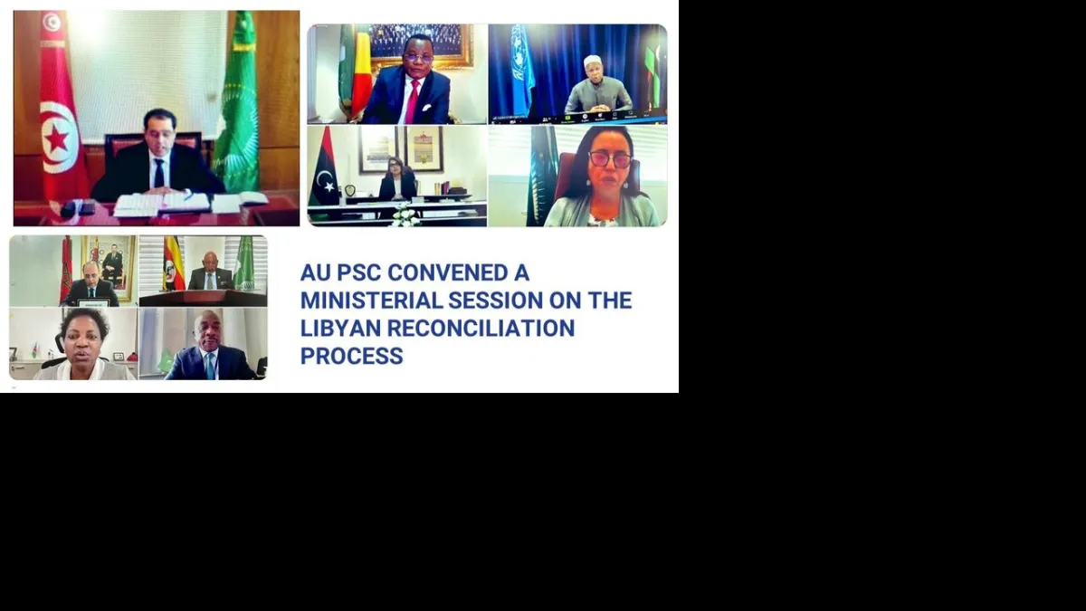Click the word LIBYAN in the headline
[x=340, y=329]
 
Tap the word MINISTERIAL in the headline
[x=371, y=301]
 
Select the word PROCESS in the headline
[x=351, y=356]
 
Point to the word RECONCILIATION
[x=481, y=329]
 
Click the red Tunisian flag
[x=59, y=107]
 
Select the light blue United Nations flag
[x=522, y=71]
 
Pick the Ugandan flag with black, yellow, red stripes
[x=173, y=263]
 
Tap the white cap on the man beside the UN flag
[x=593, y=61]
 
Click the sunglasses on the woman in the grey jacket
[x=609, y=159]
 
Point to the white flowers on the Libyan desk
[x=405, y=215]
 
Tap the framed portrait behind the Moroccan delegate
[x=110, y=268]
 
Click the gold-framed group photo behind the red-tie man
[x=419, y=43]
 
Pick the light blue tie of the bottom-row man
[x=210, y=366]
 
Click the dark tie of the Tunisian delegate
[x=159, y=173]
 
